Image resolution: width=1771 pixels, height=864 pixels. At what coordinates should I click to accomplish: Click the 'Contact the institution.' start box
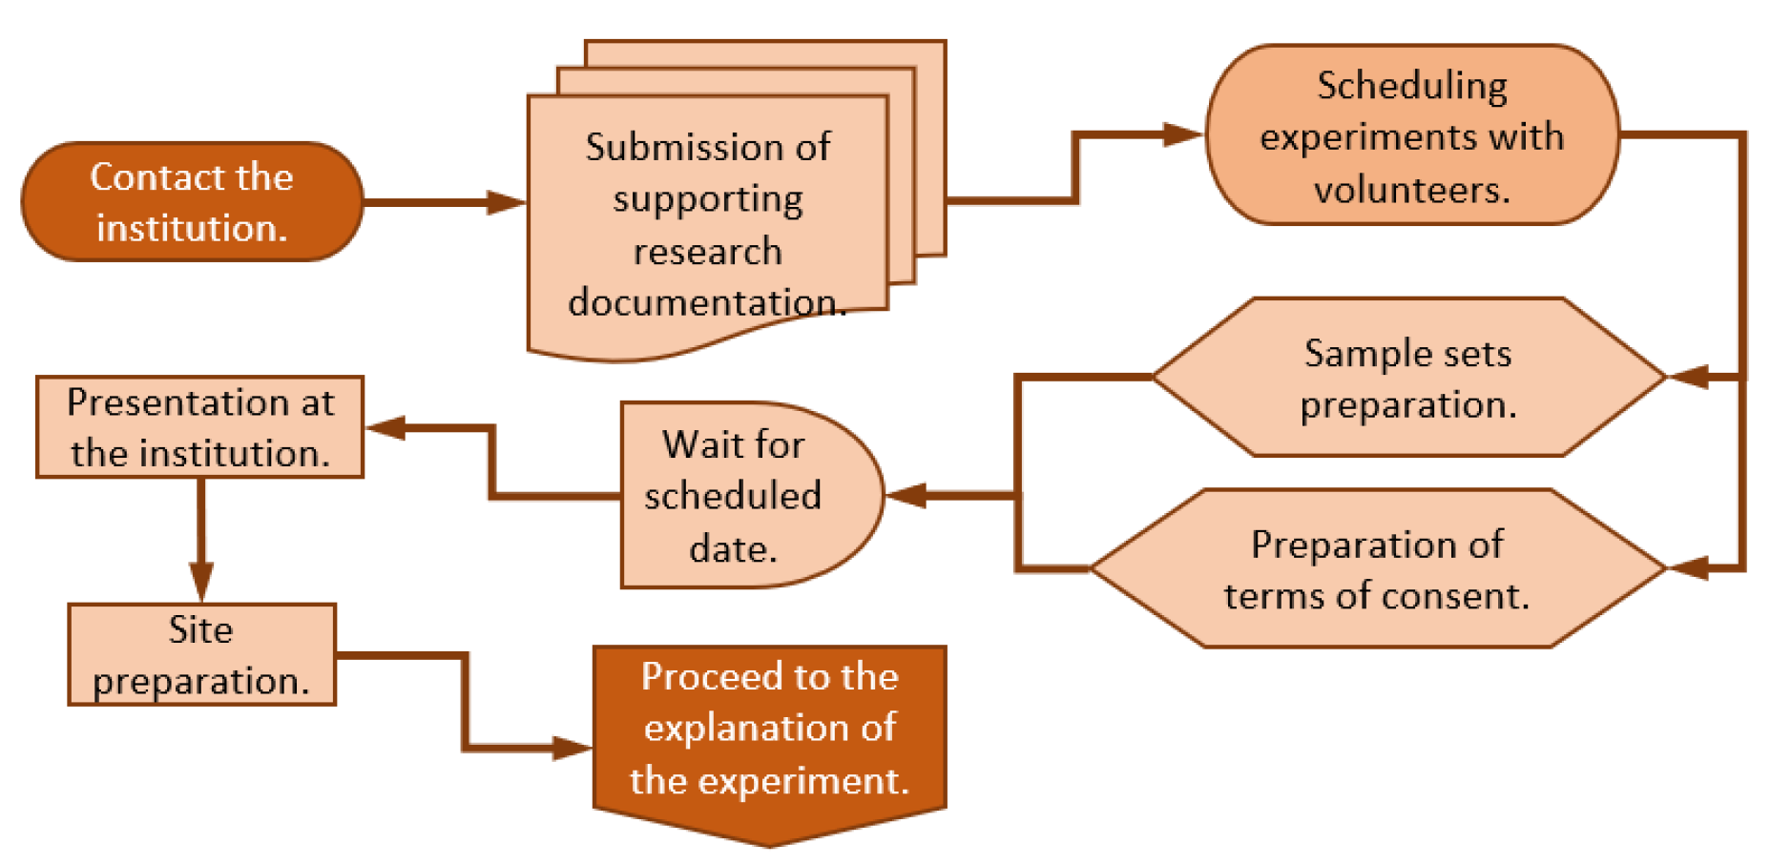[191, 202]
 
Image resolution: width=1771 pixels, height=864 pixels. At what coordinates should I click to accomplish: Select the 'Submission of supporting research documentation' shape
[707, 224]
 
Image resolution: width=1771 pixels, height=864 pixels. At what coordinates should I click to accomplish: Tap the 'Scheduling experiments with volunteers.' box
[1412, 135]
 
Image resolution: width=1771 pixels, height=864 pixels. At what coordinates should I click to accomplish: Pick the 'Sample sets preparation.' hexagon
[1408, 378]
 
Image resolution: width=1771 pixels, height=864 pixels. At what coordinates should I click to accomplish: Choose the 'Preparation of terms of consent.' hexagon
[1377, 569]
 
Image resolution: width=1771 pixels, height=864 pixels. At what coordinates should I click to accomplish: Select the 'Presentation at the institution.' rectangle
[199, 427]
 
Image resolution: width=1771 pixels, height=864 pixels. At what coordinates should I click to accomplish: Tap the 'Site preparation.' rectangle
[201, 655]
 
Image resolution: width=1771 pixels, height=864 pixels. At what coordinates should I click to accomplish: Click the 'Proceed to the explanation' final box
[769, 730]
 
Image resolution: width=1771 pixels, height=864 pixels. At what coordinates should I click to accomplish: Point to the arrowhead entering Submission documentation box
[506, 202]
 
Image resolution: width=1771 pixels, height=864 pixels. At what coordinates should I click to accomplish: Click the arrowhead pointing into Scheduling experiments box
[1183, 134]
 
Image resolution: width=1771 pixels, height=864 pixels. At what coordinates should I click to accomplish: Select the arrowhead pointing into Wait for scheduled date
[906, 495]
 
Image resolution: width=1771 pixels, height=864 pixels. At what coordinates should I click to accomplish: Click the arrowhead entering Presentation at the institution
[386, 427]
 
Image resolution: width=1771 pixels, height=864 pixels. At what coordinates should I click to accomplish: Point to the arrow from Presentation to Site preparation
[200, 578]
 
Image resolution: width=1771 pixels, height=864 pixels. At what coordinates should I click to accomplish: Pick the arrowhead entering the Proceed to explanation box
[573, 748]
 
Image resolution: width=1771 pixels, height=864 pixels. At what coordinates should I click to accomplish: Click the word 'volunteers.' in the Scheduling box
[1412, 190]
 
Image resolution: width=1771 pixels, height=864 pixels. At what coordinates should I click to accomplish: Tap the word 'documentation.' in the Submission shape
[707, 303]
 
